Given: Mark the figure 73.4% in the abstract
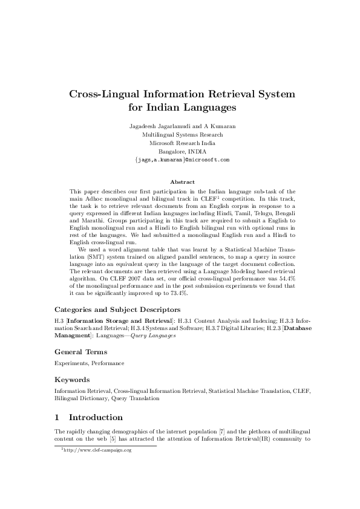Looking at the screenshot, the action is coord(180,293).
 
